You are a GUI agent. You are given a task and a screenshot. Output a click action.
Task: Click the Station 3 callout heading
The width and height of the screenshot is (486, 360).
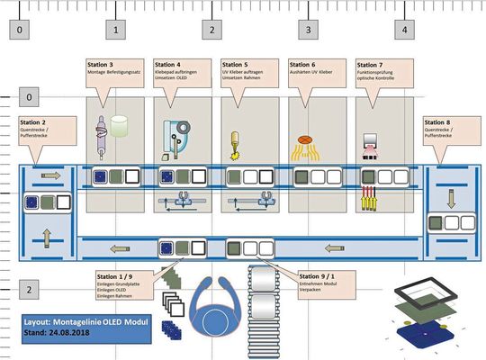pos(100,66)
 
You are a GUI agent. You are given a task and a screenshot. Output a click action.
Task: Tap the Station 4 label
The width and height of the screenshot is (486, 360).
pos(168,66)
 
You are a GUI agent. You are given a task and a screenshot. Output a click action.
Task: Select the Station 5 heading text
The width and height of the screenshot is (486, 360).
pos(235,66)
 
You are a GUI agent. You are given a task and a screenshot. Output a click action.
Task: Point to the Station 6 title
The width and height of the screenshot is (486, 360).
pos(302,66)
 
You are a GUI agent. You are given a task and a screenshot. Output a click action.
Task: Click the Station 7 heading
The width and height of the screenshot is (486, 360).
pos(371,66)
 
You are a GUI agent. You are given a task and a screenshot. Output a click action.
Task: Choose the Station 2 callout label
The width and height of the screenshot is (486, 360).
pos(34,121)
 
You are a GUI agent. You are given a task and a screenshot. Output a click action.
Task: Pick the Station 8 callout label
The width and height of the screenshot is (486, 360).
pos(437,121)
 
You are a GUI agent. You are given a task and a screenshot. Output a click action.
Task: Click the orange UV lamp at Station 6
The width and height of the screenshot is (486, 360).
pos(304,139)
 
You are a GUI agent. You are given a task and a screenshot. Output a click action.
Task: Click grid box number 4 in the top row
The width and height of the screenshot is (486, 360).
pos(405,30)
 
